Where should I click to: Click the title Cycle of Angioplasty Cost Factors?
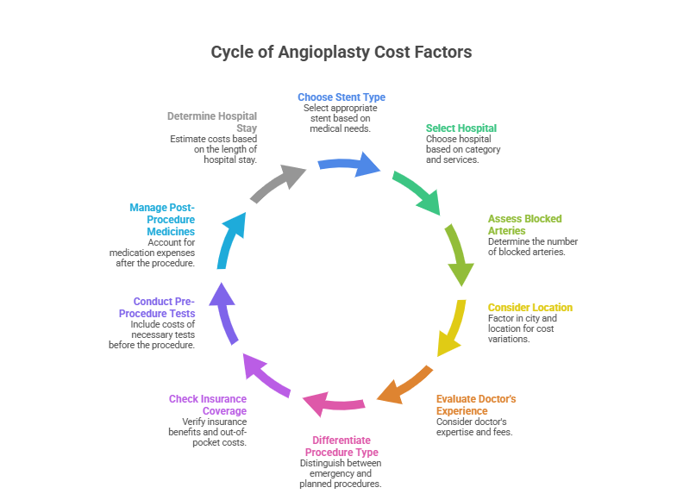coord(341,53)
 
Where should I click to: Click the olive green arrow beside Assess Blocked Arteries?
coord(459,254)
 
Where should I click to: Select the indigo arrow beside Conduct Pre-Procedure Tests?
coord(225,311)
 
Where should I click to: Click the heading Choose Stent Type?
coord(341,97)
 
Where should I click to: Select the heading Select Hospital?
coord(461,128)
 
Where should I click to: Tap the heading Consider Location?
coord(529,308)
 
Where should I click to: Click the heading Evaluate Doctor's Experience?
coord(476,405)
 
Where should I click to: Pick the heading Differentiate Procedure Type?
coord(341,446)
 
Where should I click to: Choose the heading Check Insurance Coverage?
coord(208,405)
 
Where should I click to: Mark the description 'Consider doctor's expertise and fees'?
coord(474,427)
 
